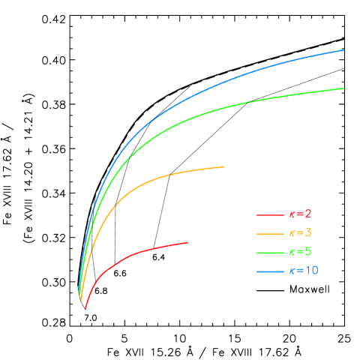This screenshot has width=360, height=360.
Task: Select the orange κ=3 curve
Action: (150, 181)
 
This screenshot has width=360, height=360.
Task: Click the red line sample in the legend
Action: (268, 215)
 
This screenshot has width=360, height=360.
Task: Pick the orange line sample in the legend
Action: (268, 233)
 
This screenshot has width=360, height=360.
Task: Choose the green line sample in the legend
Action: (268, 252)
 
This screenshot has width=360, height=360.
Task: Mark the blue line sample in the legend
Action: (268, 270)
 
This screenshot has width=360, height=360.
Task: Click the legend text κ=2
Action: (300, 214)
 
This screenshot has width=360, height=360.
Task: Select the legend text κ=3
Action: (300, 233)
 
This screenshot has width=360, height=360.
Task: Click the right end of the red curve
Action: (187, 242)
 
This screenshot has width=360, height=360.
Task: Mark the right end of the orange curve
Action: (223, 166)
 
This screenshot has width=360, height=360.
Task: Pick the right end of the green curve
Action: (343, 88)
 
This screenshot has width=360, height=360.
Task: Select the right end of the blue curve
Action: (343, 50)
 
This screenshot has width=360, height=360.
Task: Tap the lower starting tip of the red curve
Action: (85, 308)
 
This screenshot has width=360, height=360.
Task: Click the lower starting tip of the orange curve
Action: (81, 300)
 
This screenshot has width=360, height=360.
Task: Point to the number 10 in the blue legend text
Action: (311, 270)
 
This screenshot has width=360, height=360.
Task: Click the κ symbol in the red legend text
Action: (292, 215)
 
